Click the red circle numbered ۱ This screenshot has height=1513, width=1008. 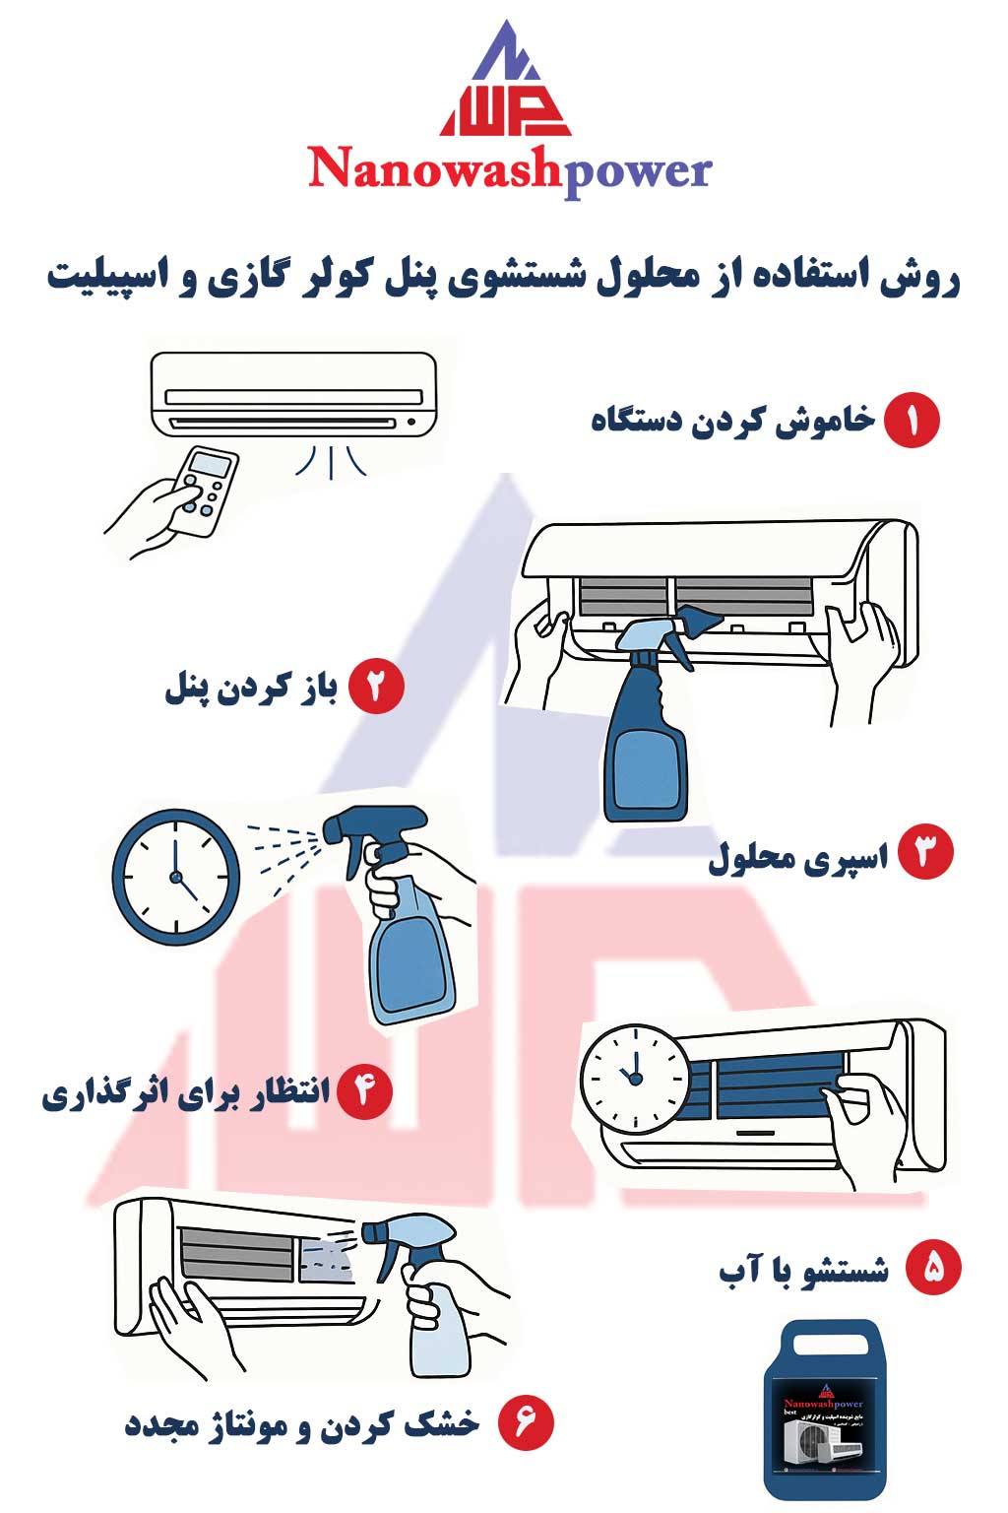coord(912,421)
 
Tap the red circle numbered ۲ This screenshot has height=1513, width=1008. coord(376,687)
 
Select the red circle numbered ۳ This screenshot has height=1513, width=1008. coord(925,853)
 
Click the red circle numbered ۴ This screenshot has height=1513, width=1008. coord(364,1091)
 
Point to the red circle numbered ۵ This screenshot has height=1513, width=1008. coord(932,1268)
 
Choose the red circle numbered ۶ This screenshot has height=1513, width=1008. coord(526,1422)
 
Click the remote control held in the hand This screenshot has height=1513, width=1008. coord(206,491)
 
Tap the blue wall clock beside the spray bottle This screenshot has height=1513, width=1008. coord(176,877)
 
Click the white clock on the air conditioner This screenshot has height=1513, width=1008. coord(635,1079)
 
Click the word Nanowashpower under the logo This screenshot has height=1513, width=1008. coord(509,170)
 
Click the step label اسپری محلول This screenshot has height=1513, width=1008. coord(797,857)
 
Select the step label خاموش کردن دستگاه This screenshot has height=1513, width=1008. coord(732,421)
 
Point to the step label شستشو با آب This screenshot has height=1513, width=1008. coord(803,1270)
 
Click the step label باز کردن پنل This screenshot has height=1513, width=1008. coord(252,688)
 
